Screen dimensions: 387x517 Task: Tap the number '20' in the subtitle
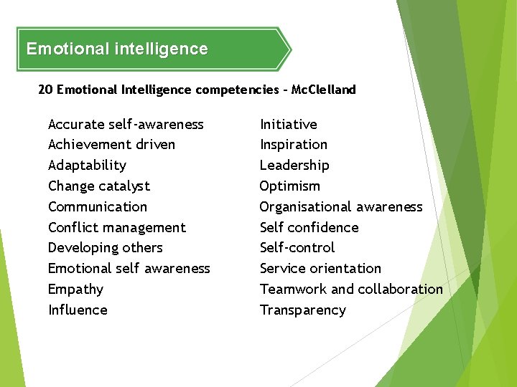[45, 90]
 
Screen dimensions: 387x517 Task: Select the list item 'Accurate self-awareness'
[126, 125]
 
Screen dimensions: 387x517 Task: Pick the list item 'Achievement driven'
[111, 145]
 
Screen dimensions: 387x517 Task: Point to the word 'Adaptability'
[87, 166]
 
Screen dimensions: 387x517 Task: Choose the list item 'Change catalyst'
[99, 186]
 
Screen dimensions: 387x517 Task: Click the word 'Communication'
[98, 207]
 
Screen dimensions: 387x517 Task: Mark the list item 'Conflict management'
[117, 228]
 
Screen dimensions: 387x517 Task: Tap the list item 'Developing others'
[106, 248]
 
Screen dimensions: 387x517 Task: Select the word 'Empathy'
[75, 290]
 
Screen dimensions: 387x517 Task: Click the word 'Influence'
[78, 310]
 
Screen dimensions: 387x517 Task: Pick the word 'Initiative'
[288, 125]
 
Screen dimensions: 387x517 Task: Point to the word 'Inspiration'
[293, 145]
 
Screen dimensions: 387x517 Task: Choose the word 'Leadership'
[294, 166]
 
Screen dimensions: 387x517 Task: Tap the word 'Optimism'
[290, 186]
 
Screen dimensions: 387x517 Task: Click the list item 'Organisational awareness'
[341, 207]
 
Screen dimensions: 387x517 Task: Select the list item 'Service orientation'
[320, 269]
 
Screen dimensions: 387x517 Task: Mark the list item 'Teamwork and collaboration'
[351, 290]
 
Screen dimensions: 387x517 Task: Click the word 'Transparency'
[302, 310]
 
